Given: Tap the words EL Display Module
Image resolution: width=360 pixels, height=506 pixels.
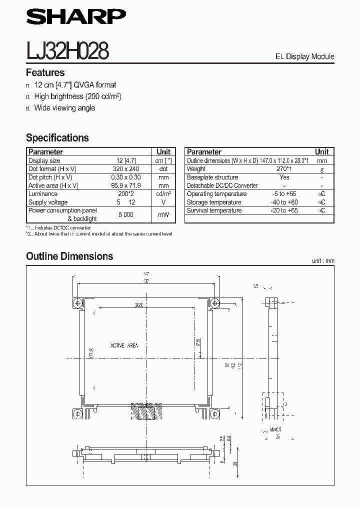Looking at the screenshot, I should pyautogui.click(x=304, y=56).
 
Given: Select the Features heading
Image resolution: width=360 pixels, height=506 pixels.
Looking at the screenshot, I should pyautogui.click(x=45, y=72).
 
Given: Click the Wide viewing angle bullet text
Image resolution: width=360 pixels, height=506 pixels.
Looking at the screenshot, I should pyautogui.click(x=64, y=108).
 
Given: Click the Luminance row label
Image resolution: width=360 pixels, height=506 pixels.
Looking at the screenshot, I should pyautogui.click(x=43, y=194).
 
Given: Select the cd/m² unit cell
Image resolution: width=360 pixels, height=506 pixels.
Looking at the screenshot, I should pyautogui.click(x=163, y=194).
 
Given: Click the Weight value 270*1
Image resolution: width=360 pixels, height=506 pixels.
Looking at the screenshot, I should pyautogui.click(x=284, y=169).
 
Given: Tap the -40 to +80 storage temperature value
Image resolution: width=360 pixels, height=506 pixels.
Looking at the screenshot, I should pyautogui.click(x=284, y=202).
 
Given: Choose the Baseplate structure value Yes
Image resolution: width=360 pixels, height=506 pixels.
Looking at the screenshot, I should pyautogui.click(x=284, y=177).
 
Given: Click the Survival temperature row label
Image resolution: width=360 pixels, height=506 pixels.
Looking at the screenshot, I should pyautogui.click(x=214, y=210).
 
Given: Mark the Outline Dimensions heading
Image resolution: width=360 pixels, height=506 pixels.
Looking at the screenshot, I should pyautogui.click(x=69, y=256).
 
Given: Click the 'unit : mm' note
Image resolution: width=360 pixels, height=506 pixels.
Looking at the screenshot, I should pyautogui.click(x=322, y=261).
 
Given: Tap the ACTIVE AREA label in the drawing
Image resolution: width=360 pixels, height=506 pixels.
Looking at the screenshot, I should pyautogui.click(x=124, y=345).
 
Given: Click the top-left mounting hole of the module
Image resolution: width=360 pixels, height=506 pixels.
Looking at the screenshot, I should pyautogui.click(x=77, y=303).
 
